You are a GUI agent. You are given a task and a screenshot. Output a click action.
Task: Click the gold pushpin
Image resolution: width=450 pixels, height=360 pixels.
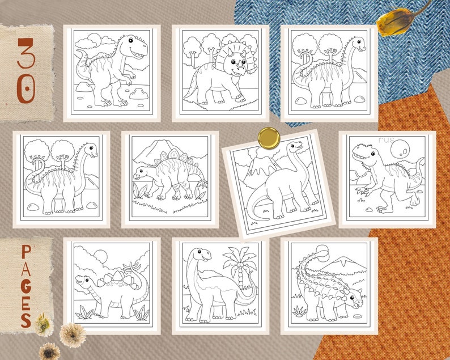(268, 137)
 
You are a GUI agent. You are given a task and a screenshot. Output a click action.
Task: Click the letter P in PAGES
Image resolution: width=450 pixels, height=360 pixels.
(26, 251)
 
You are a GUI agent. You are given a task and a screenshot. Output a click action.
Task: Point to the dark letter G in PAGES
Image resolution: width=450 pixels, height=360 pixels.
(26, 282)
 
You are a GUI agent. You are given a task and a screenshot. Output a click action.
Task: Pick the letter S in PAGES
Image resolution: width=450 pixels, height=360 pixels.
(26, 319)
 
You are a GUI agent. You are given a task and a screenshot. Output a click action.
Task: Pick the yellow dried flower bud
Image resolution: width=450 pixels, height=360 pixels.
(399, 22)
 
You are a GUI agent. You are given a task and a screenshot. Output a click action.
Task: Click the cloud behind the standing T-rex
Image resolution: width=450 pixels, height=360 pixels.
(91, 41)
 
